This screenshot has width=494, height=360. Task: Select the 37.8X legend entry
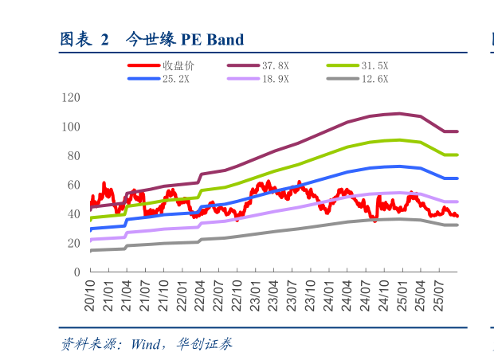point(276,66)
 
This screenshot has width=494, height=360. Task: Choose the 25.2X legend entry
point(176,79)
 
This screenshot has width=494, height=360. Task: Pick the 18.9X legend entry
point(276,79)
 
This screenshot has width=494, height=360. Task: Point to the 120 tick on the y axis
point(71,98)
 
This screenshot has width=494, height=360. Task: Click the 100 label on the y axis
point(71,127)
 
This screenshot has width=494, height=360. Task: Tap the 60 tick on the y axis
point(73,185)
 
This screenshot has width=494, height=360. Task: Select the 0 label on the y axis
point(76,272)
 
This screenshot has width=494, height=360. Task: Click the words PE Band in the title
point(212,39)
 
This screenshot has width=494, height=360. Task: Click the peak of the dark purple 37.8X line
point(398,113)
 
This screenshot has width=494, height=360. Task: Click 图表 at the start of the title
point(75,39)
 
